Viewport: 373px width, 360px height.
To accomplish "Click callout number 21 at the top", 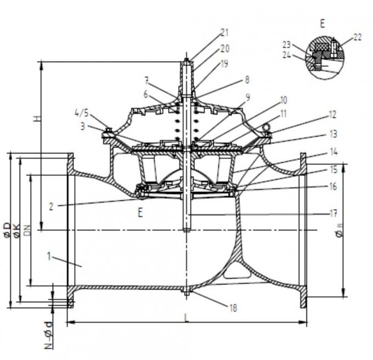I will tap(224, 32).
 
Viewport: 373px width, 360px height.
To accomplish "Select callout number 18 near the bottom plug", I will tap(234, 307).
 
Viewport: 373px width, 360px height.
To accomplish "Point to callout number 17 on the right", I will tap(332, 213).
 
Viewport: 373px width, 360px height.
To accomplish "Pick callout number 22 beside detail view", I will tap(357, 37).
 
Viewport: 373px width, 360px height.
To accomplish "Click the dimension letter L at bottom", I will tap(187, 318).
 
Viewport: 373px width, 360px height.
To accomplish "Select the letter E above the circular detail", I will tap(322, 23).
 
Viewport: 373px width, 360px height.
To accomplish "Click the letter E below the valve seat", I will tap(140, 213).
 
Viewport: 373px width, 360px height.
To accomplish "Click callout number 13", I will tap(332, 134).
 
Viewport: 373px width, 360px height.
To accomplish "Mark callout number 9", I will tap(247, 97).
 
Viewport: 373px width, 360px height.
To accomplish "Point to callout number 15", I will tap(332, 170).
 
